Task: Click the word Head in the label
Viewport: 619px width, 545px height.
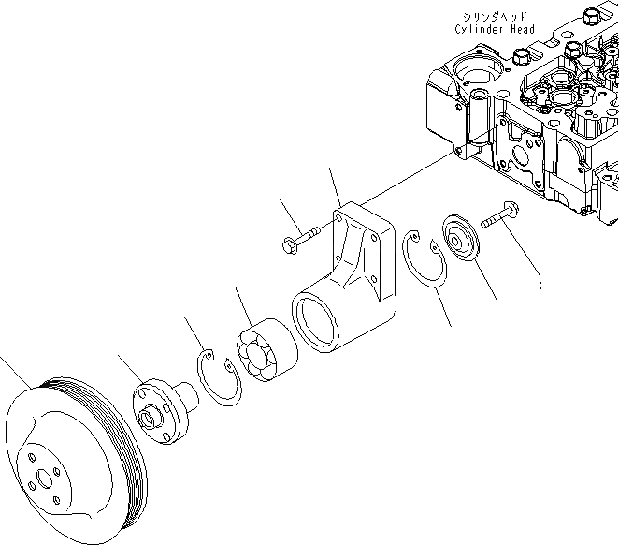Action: click(x=523, y=29)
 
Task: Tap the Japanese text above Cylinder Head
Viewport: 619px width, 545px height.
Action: click(x=495, y=16)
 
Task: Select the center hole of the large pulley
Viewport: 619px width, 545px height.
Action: click(x=44, y=479)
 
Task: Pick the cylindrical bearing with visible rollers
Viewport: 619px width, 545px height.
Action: click(x=266, y=350)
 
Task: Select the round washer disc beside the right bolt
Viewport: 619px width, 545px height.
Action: click(x=460, y=238)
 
